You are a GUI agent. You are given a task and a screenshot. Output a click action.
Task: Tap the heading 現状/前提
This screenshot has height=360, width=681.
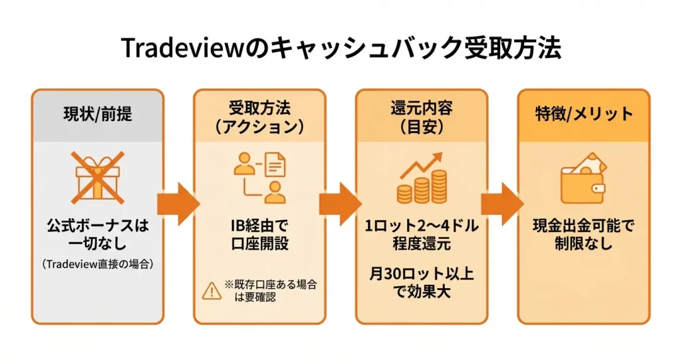click(97, 114)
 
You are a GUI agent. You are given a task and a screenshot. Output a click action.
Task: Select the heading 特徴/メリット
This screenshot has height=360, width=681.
click(584, 114)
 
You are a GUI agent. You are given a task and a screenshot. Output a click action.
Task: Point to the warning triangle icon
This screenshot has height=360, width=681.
click(211, 290)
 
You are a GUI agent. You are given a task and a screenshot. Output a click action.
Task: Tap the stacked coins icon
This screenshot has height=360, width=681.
click(422, 186)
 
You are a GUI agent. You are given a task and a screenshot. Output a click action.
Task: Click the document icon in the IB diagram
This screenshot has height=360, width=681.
click(274, 164)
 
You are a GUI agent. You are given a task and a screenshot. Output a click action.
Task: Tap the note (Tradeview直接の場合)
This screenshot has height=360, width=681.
click(97, 264)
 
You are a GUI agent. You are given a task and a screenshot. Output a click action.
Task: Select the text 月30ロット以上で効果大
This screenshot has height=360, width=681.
click(422, 283)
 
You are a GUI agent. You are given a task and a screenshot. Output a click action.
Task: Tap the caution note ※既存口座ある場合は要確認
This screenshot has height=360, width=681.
click(269, 291)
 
